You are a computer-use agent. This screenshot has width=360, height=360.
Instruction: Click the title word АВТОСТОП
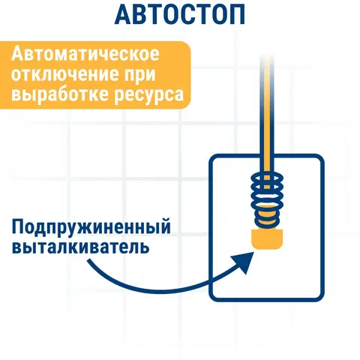coord(179,14)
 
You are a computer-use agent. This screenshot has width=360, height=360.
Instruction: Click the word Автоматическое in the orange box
coord(85,54)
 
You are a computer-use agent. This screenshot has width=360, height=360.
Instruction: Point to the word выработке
coord(60,94)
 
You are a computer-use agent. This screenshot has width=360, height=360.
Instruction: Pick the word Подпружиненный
coord(91,227)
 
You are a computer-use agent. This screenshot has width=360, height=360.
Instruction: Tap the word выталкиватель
coord(80,246)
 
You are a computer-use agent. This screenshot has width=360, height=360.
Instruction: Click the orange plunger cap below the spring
coord(267,239)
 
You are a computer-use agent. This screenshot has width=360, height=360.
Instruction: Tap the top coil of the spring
coord(267,178)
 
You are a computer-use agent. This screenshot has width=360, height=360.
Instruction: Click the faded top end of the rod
coord(267,58)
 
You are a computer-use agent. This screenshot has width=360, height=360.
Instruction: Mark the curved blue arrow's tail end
coord(89,260)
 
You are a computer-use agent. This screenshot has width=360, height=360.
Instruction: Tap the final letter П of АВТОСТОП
coord(236,14)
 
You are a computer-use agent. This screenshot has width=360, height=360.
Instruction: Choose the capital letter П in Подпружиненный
coord(18,226)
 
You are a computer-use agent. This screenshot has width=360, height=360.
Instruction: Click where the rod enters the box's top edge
coord(267,157)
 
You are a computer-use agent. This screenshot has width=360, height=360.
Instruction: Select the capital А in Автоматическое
coord(17,54)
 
